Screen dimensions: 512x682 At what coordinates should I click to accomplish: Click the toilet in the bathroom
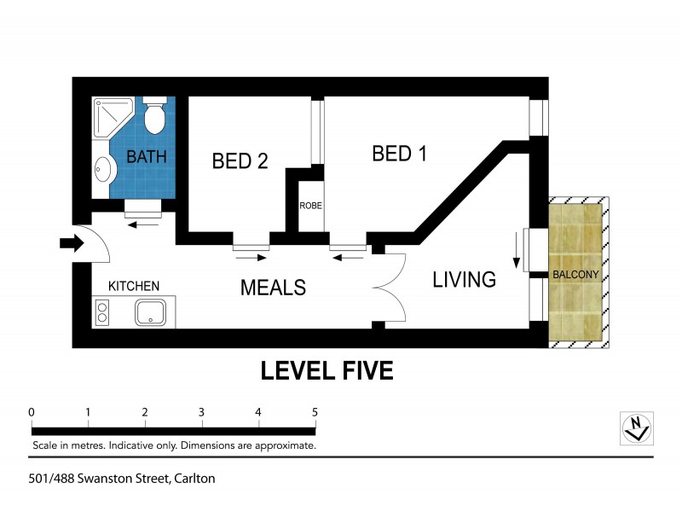(154, 118)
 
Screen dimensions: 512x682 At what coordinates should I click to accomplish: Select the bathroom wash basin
(102, 170)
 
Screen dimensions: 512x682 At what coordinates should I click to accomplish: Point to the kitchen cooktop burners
(102, 312)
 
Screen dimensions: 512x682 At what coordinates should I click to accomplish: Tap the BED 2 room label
(240, 160)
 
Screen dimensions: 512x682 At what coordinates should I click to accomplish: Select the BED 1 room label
(399, 154)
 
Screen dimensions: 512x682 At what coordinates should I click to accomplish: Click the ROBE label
(309, 206)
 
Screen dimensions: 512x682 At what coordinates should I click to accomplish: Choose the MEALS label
(272, 288)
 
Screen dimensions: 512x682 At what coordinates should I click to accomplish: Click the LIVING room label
(464, 279)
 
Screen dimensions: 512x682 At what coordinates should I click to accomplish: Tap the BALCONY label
(576, 275)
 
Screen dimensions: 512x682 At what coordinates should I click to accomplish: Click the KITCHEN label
(134, 286)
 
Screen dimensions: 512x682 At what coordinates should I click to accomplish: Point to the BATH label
(146, 157)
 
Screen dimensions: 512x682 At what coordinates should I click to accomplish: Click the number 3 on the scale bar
(201, 412)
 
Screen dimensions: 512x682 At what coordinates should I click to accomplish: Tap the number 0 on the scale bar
(32, 412)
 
